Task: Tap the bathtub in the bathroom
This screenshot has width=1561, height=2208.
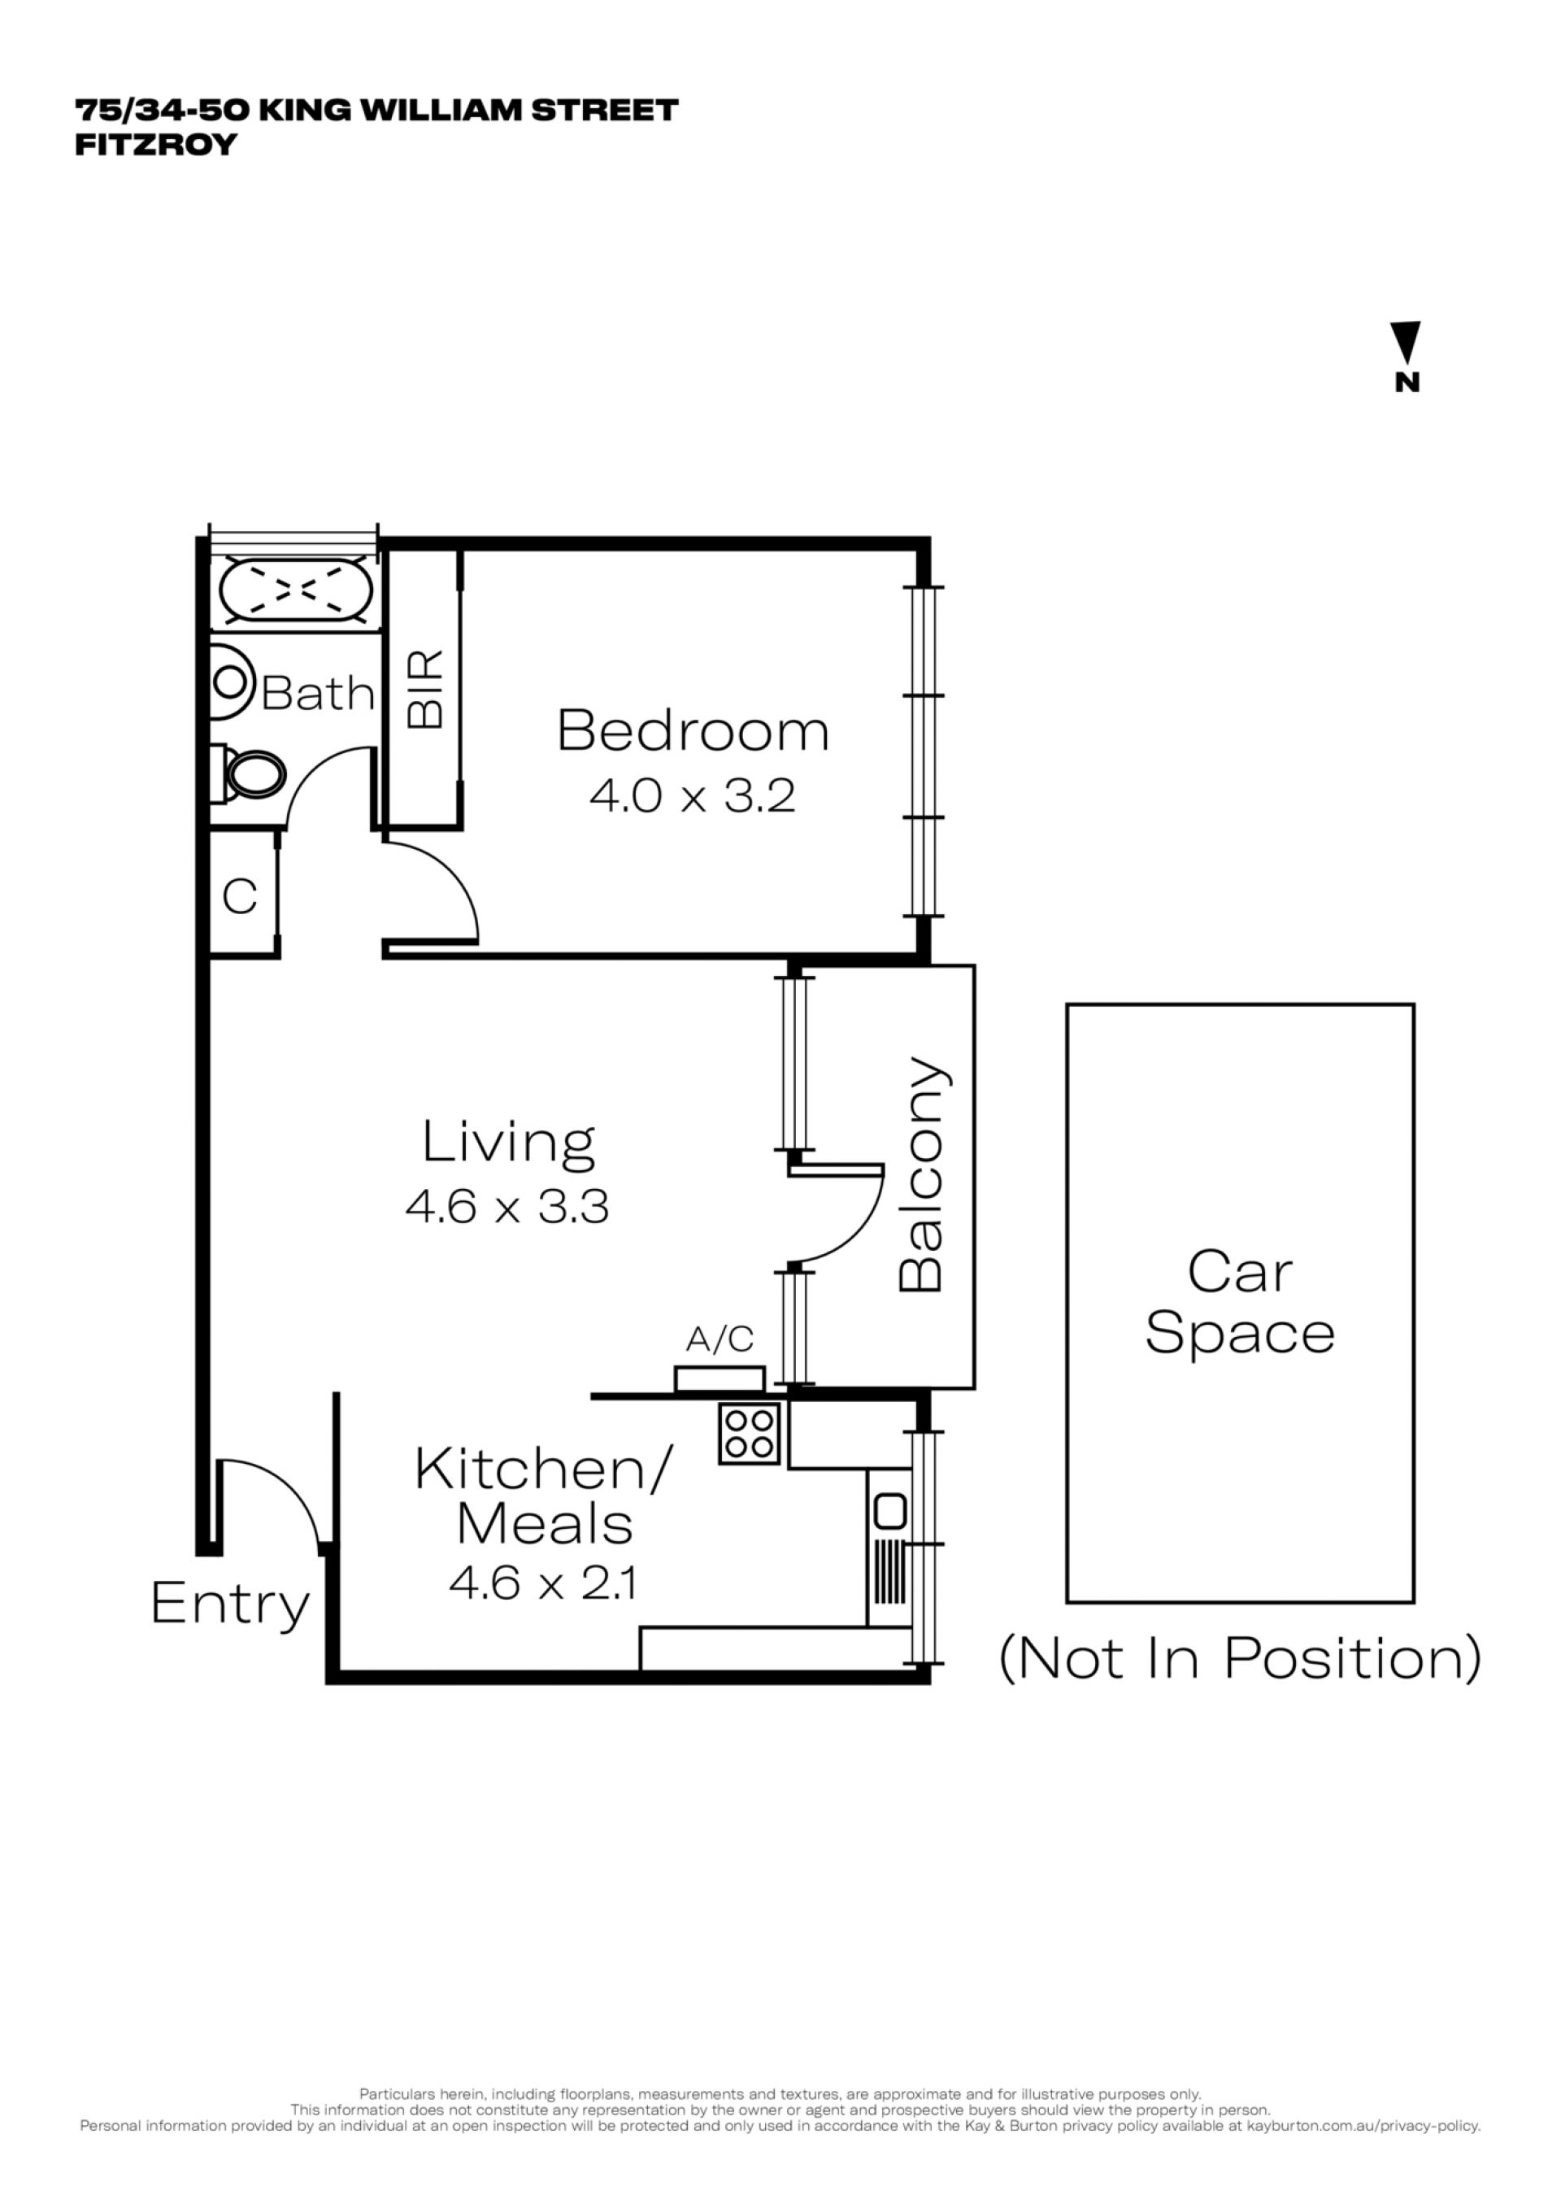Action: click(x=295, y=590)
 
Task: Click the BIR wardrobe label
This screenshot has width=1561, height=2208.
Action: click(x=425, y=689)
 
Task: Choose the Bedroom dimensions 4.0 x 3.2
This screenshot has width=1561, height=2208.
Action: click(x=692, y=796)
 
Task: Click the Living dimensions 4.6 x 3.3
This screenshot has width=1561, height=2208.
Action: click(x=507, y=1206)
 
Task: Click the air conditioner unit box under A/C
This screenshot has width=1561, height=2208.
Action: click(x=720, y=1379)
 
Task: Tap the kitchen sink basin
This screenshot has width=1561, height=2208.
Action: click(x=890, y=1511)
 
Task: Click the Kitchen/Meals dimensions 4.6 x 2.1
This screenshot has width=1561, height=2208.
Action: click(x=542, y=1583)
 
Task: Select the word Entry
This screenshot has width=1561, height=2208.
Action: click(x=231, y=1604)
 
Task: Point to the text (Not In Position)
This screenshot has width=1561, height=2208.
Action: click(x=1240, y=1658)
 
